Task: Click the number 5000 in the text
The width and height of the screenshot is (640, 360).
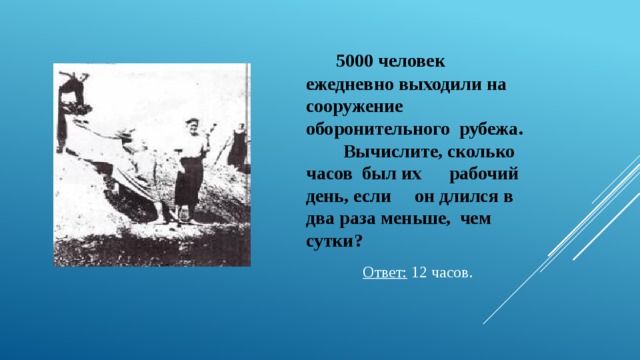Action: [x=354, y=62]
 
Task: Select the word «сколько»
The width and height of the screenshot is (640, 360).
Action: [x=481, y=152]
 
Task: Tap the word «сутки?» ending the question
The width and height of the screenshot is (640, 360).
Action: [x=334, y=240]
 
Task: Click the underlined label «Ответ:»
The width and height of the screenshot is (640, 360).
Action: [x=385, y=273]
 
